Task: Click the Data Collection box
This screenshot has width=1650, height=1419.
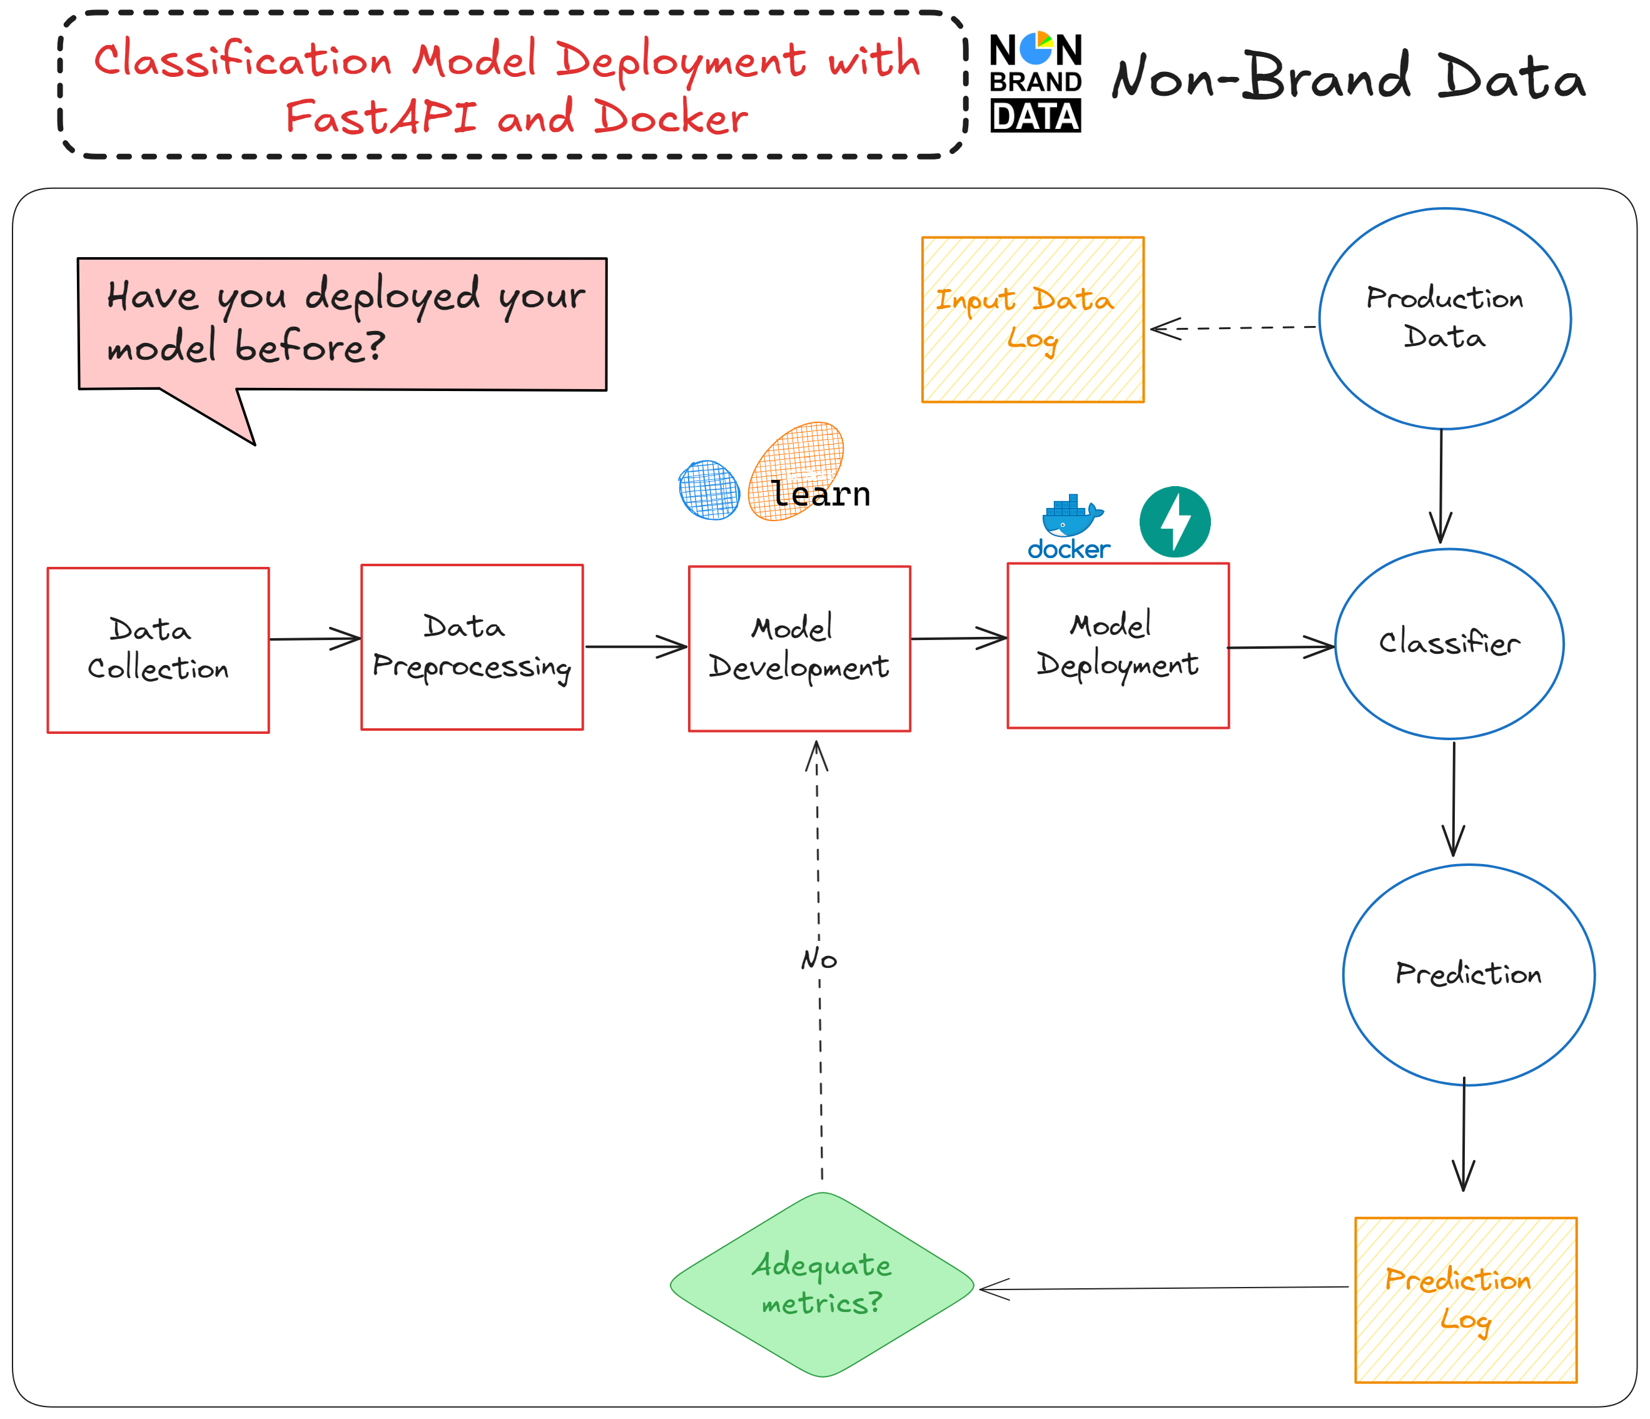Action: click(158, 649)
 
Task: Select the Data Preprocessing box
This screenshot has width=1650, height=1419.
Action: click(472, 647)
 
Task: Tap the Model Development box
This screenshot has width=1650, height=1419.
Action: click(799, 649)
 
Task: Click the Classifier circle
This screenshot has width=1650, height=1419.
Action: click(1449, 643)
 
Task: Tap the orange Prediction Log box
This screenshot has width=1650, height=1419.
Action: click(1465, 1299)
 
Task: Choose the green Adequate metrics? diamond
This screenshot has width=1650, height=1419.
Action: click(822, 1284)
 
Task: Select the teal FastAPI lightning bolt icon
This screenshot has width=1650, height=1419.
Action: click(1175, 522)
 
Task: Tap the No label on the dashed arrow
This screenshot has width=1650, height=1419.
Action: click(819, 959)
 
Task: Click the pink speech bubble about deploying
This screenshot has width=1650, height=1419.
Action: click(342, 323)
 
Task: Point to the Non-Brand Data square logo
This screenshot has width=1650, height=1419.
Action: click(1035, 83)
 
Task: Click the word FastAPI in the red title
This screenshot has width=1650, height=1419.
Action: click(381, 118)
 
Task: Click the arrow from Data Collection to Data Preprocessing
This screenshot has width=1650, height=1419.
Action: click(315, 638)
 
